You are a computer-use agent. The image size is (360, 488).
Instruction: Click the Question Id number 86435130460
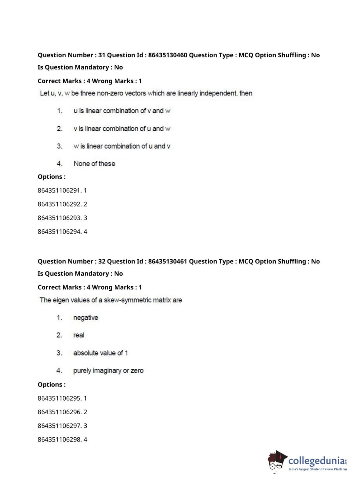click(168, 55)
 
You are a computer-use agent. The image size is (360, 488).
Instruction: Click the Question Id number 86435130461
click(168, 261)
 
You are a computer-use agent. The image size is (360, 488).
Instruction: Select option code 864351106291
click(59, 190)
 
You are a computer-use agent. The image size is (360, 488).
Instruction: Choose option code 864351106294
click(59, 231)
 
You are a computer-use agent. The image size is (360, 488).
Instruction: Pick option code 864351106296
click(59, 412)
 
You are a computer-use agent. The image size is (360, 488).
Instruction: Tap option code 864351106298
click(59, 439)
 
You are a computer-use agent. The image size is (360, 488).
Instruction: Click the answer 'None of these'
click(94, 164)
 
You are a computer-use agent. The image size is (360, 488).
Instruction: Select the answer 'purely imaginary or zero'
click(108, 371)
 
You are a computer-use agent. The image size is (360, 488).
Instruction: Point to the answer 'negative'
click(86, 318)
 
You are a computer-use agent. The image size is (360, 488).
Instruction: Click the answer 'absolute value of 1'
click(100, 353)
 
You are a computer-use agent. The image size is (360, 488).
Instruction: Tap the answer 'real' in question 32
click(78, 335)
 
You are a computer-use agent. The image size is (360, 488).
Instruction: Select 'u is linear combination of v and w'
click(122, 111)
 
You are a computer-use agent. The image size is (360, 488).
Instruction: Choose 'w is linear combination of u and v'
click(122, 146)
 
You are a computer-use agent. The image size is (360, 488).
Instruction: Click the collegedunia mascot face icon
click(277, 461)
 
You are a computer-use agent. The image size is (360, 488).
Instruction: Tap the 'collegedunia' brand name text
click(316, 461)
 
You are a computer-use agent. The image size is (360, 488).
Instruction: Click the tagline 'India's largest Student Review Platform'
click(318, 469)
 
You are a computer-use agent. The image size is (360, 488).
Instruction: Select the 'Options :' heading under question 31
click(52, 177)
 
